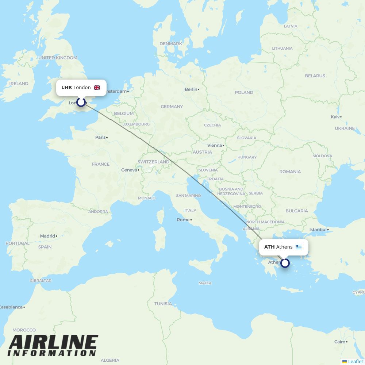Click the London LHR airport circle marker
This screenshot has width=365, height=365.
[x=81, y=102]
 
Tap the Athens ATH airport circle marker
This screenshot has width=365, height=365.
[x=285, y=263]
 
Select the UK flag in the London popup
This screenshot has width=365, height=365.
[x=97, y=88]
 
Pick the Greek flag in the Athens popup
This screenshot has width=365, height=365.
[x=299, y=247]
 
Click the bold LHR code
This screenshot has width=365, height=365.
[x=66, y=88]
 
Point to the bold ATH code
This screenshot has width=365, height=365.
[x=269, y=247]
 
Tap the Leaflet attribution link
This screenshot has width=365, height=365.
[x=356, y=361]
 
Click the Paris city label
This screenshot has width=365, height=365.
[x=100, y=137]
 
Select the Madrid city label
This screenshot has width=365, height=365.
[x=47, y=236]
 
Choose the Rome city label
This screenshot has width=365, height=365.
[x=183, y=220]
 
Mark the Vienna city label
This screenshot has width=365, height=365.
[x=215, y=145]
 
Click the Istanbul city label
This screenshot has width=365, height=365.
[x=318, y=230]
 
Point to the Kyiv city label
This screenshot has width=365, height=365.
[x=335, y=117]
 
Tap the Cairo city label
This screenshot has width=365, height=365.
[x=339, y=342]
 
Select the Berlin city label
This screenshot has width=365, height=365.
[x=191, y=89]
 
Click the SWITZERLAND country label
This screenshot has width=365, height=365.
[x=153, y=162]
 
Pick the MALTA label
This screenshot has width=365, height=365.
[x=205, y=283]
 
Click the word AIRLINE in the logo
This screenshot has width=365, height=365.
[x=53, y=343]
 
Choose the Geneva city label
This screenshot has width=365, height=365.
[x=129, y=170]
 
